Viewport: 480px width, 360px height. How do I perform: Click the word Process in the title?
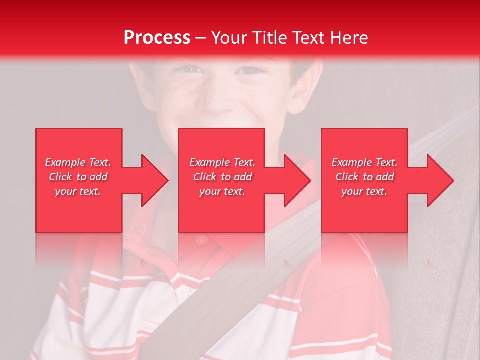[157, 38]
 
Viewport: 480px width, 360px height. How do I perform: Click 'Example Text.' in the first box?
[78, 162]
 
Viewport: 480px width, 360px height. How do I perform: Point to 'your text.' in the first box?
[78, 191]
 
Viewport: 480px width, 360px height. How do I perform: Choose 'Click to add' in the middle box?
[222, 177]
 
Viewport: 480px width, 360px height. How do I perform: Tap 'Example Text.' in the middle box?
[222, 162]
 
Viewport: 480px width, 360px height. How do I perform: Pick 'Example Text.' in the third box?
[364, 162]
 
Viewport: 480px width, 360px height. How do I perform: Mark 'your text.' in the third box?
[364, 191]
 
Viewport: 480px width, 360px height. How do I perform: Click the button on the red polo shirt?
[201, 240]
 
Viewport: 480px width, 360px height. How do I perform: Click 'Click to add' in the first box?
[78, 177]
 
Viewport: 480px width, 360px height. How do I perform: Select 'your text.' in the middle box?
[222, 191]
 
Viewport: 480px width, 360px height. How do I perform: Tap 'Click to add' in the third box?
[364, 177]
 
